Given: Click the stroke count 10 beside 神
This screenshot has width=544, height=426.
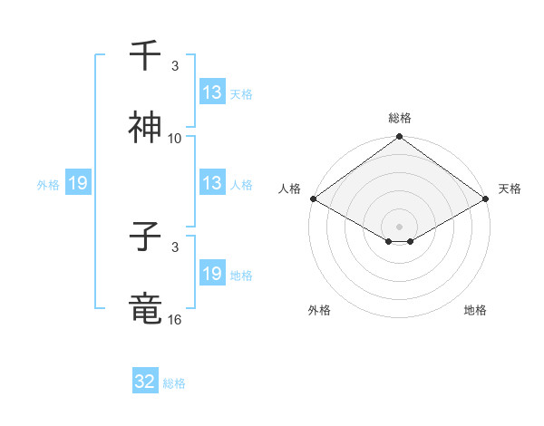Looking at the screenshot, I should (x=175, y=138).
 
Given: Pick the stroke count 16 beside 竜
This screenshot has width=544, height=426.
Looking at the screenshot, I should (x=175, y=319).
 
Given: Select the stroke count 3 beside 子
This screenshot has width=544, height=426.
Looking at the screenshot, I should (x=175, y=247).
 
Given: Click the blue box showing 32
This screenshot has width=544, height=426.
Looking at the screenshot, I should (x=145, y=382).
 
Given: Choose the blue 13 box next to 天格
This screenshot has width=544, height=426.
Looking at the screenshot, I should (x=212, y=92).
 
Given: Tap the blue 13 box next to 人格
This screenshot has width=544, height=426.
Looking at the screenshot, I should (x=212, y=183).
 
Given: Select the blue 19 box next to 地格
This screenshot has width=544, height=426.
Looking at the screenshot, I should (x=212, y=274).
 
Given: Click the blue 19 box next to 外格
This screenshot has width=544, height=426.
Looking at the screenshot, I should (x=78, y=183).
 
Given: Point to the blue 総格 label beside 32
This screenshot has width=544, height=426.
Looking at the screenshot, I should (x=174, y=383).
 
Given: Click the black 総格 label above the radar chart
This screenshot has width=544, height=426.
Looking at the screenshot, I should (x=400, y=118).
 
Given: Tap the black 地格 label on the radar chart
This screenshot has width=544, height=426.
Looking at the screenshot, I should (x=475, y=310).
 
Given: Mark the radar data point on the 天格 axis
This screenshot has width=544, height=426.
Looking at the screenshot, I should (x=486, y=198).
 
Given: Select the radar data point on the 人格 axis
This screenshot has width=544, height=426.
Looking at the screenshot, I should (x=313, y=198).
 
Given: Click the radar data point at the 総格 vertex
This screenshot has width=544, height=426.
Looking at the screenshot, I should (x=400, y=138).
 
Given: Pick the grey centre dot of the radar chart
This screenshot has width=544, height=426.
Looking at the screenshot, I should (x=400, y=226).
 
